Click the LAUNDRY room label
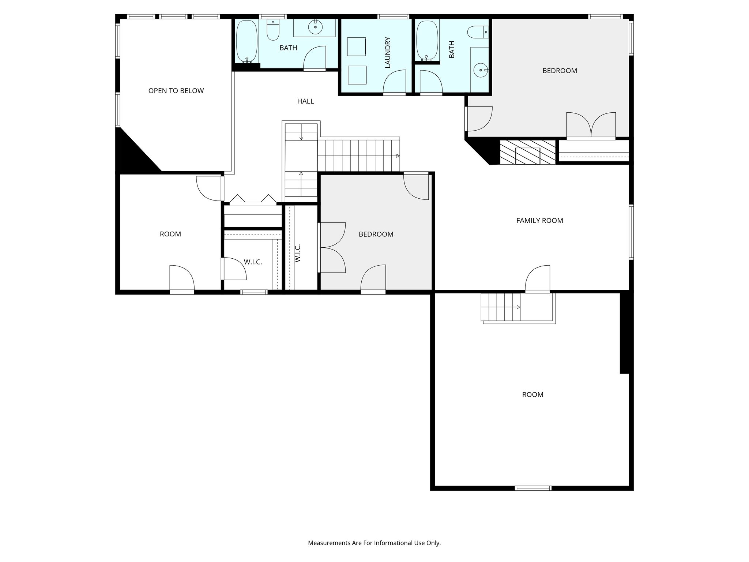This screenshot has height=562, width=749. click(x=388, y=52)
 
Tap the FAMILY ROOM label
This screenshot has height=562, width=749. click(x=539, y=221)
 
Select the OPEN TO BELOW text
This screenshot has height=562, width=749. click(x=176, y=91)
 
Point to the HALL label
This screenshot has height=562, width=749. click(x=305, y=101)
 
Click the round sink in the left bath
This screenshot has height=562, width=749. click(x=315, y=27)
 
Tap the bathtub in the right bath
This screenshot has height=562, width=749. click(x=427, y=40)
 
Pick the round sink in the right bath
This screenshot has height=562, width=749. click(x=481, y=70)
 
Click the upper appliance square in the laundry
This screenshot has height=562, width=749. click(x=356, y=46)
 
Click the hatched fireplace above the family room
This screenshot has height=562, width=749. click(x=527, y=152)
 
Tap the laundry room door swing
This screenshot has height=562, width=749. click(x=395, y=82)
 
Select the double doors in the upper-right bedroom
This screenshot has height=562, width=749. click(x=591, y=125)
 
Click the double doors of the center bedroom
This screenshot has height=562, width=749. click(x=332, y=247)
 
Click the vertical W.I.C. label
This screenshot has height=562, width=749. click(x=297, y=253)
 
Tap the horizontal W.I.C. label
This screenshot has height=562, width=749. click(x=253, y=262)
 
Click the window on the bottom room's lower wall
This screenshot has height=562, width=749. click(x=533, y=488)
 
